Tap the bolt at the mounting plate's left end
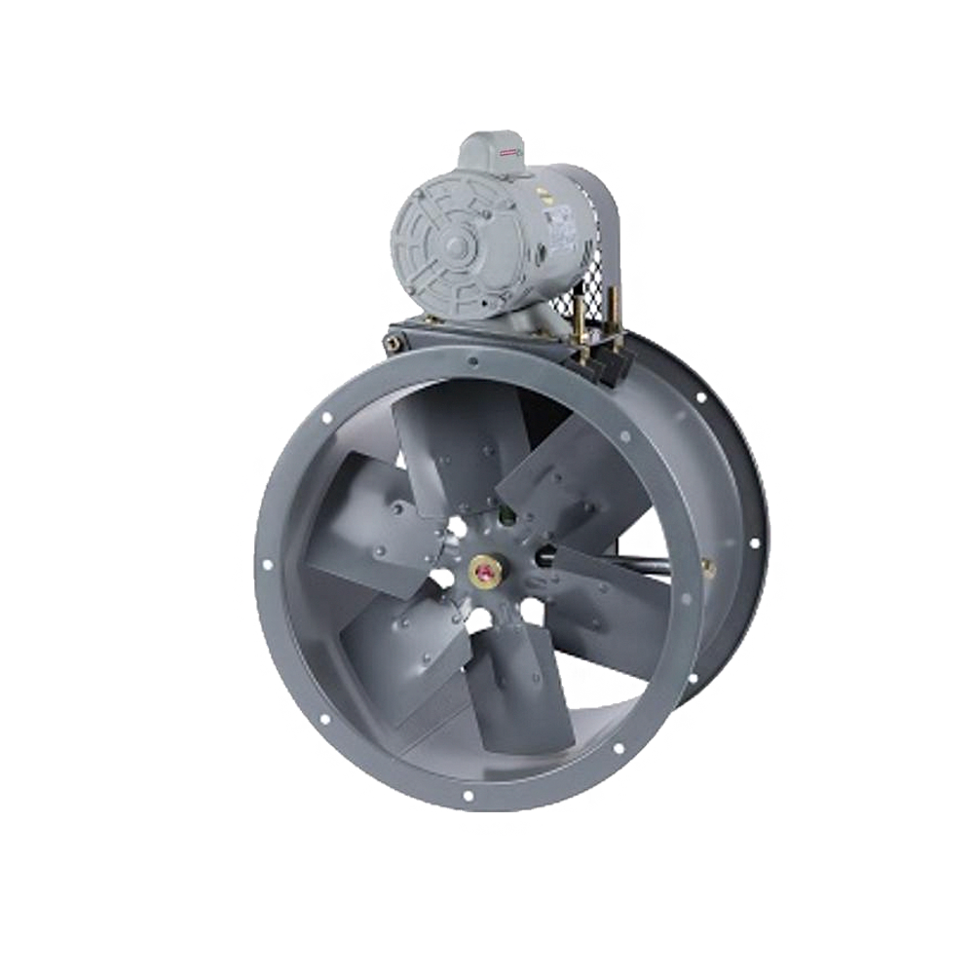click(x=394, y=341)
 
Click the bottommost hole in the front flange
click(x=468, y=797)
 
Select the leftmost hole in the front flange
click(x=263, y=565)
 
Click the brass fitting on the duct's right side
click(x=708, y=566)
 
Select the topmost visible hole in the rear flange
click(x=700, y=397)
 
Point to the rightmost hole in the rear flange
click(x=754, y=543)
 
